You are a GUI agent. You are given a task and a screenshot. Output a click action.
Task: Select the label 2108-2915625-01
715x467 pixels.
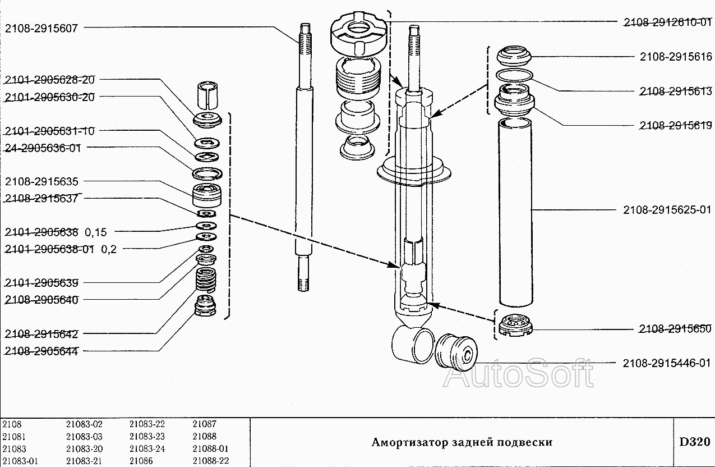click(667, 210)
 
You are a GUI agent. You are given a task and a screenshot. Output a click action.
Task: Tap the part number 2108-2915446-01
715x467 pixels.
click(667, 363)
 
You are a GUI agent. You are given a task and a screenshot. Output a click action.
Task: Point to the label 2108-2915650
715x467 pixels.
click(675, 329)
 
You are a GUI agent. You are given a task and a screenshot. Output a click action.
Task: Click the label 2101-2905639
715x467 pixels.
click(41, 282)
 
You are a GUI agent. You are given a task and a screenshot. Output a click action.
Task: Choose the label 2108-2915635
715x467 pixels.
click(41, 181)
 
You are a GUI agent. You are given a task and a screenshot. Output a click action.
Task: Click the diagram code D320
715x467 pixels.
click(694, 442)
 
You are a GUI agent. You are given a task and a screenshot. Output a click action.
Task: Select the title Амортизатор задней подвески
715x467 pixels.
click(462, 442)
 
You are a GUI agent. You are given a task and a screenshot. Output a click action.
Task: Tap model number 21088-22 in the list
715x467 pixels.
click(210, 461)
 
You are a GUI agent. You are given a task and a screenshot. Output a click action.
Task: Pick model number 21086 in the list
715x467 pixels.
click(141, 461)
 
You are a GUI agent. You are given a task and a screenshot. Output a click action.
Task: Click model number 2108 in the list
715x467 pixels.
click(12, 424)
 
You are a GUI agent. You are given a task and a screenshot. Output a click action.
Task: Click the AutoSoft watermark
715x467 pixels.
click(518, 374)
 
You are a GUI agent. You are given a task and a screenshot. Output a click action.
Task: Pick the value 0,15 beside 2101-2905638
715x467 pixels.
click(96, 232)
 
